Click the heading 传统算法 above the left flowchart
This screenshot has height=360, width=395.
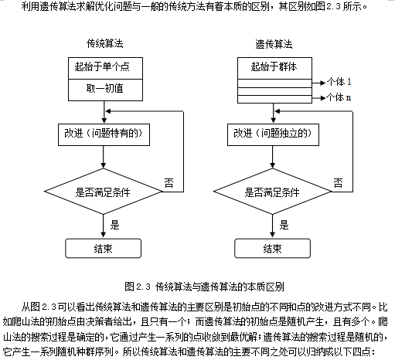click(x=104, y=43)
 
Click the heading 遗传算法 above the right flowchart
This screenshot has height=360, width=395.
click(x=274, y=44)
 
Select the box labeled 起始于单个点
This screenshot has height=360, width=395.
click(x=105, y=68)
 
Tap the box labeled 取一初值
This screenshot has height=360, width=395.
click(x=105, y=90)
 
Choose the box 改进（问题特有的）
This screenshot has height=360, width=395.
click(x=104, y=135)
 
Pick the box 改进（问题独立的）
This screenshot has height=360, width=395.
click(x=273, y=135)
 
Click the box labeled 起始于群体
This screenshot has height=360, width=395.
click(x=274, y=68)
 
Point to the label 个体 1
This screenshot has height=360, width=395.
click(x=339, y=82)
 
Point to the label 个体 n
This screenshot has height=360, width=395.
click(x=339, y=97)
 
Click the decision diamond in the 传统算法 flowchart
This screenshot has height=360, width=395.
click(x=104, y=192)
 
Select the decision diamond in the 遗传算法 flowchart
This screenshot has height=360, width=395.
click(x=273, y=192)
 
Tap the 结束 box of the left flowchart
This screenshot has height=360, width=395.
click(x=104, y=248)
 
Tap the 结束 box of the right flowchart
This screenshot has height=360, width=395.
click(x=272, y=248)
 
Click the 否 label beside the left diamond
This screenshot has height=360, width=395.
click(x=169, y=183)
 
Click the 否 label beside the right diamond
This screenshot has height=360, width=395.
click(x=338, y=183)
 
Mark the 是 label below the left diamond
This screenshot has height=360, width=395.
click(x=114, y=225)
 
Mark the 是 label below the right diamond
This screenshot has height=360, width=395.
click(x=284, y=225)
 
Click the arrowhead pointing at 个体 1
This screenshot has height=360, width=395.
click(x=322, y=83)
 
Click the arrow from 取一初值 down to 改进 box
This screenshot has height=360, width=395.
click(x=104, y=112)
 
